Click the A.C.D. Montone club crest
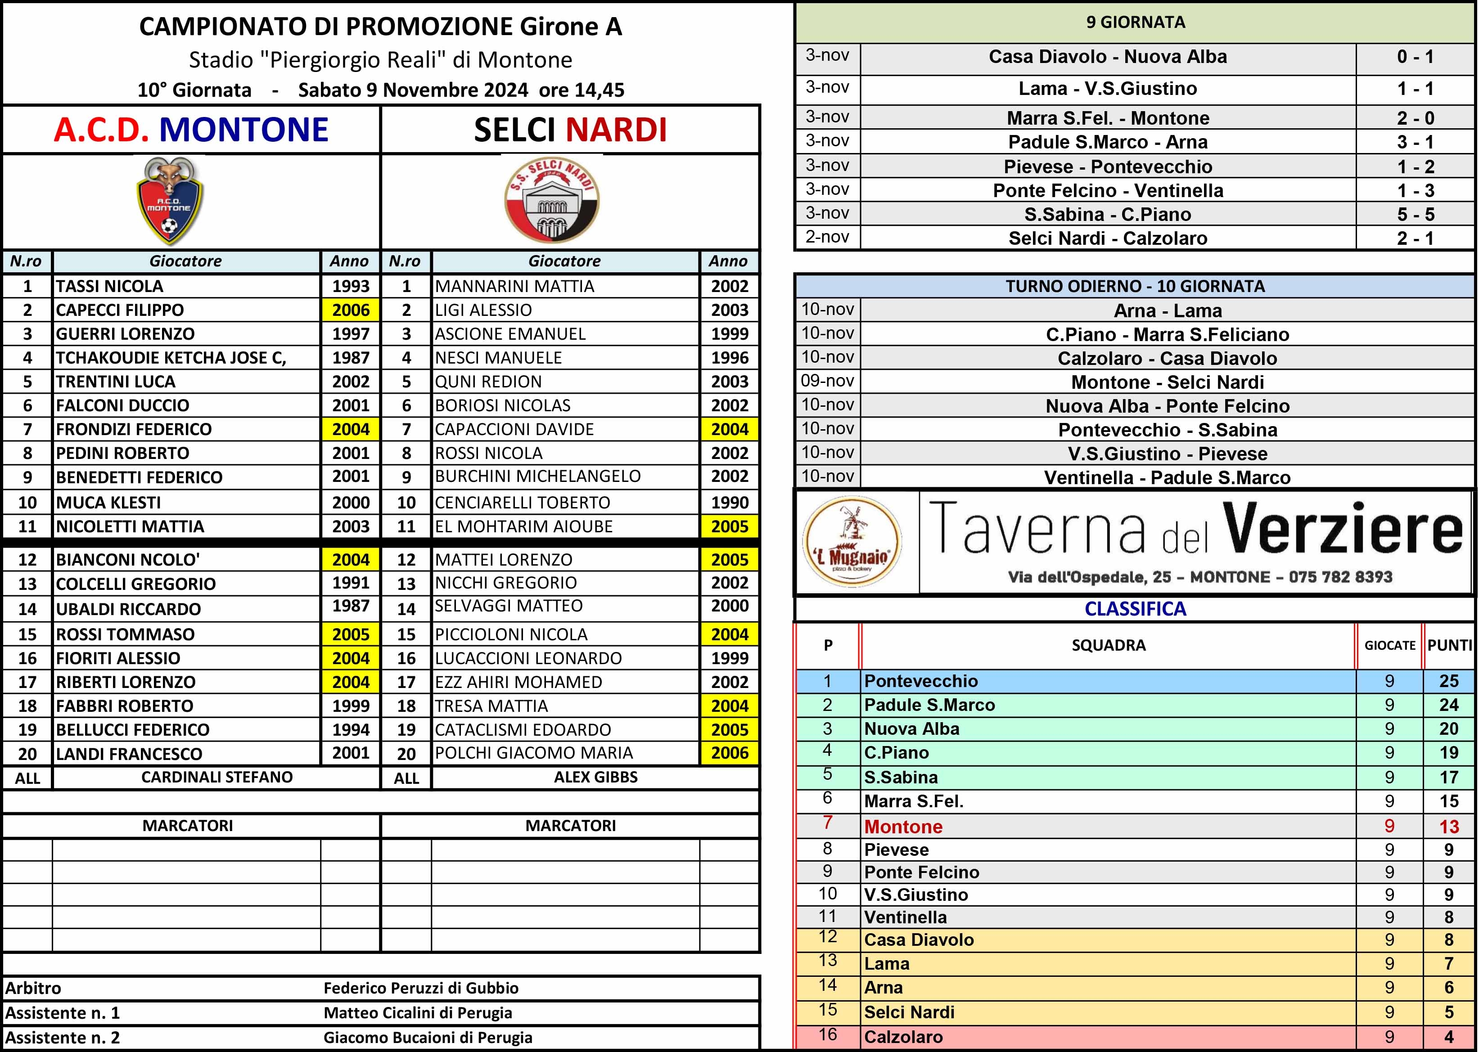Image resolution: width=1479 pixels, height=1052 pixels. click(170, 201)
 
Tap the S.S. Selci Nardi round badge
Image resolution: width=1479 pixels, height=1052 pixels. click(552, 201)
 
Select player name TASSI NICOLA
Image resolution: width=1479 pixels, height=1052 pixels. click(109, 286)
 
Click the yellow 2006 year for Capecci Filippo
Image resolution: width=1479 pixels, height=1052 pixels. click(351, 310)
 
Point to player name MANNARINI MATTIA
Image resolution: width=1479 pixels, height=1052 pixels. click(514, 286)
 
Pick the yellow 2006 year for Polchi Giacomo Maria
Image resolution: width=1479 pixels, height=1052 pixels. click(730, 753)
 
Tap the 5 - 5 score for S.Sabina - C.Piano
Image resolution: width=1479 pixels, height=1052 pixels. click(1416, 215)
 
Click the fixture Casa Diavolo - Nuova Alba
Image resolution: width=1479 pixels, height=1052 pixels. click(1108, 57)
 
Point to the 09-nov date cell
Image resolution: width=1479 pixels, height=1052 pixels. click(827, 381)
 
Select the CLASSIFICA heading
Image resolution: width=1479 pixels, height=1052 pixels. click(1135, 609)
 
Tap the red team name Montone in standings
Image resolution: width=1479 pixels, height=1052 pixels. click(903, 827)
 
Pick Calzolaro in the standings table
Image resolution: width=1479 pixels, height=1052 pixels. click(903, 1036)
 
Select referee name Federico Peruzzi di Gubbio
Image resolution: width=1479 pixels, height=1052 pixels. click(421, 988)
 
